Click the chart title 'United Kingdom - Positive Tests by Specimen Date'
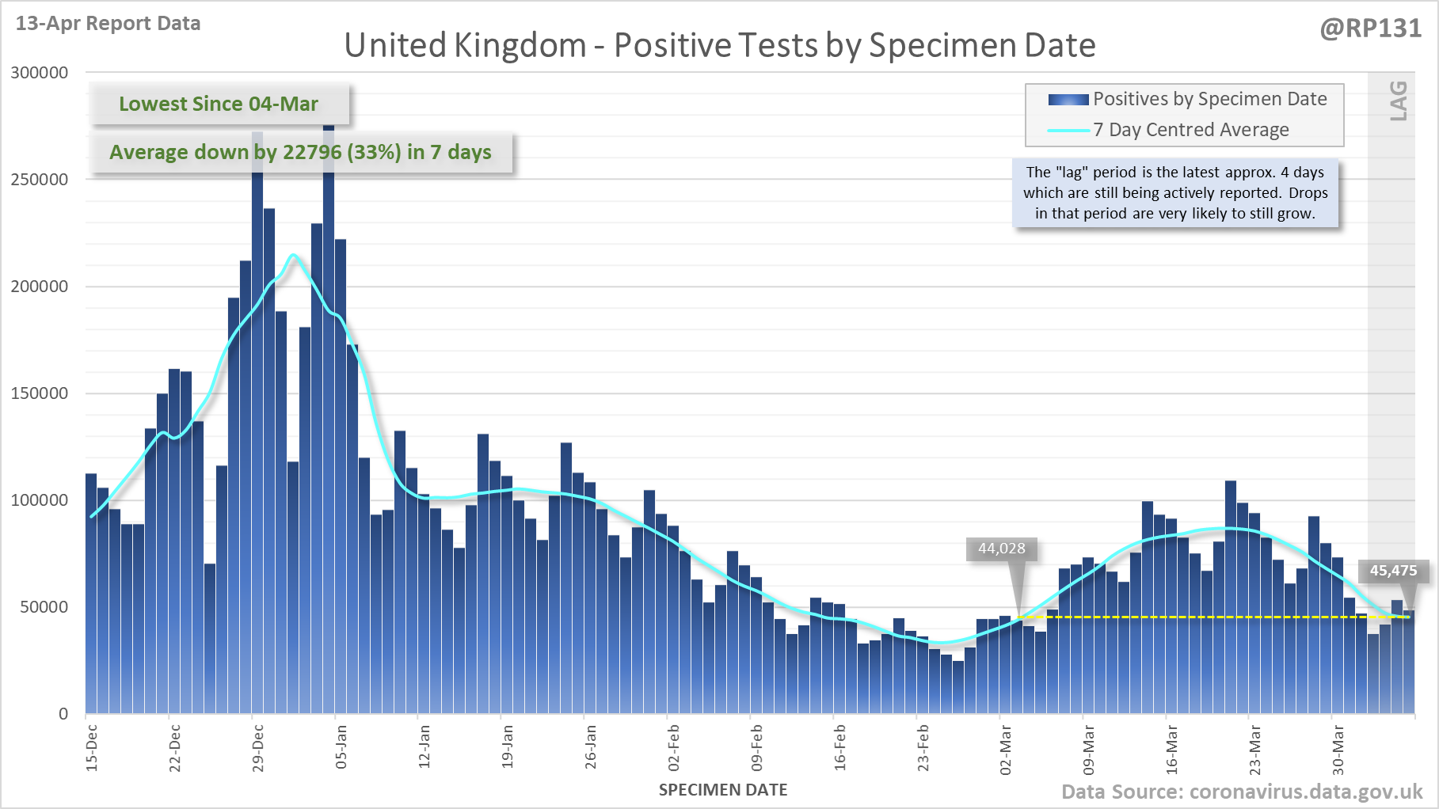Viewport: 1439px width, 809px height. click(x=719, y=45)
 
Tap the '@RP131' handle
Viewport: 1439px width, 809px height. click(x=1370, y=28)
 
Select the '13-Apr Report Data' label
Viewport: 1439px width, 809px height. click(x=108, y=23)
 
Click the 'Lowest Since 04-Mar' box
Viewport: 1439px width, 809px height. click(x=219, y=104)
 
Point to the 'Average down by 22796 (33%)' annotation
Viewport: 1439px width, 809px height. click(x=300, y=152)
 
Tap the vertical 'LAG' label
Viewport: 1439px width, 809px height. click(x=1399, y=101)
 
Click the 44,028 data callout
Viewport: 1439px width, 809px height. click(x=1001, y=549)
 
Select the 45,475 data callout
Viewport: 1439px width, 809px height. click(x=1393, y=571)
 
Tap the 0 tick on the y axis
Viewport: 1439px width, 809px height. click(x=63, y=714)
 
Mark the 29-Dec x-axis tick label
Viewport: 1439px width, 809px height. click(x=257, y=747)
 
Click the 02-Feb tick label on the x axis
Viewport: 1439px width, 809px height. click(x=673, y=747)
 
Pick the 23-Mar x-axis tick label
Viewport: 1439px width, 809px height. click(x=1254, y=749)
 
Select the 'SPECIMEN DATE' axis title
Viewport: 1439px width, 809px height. click(x=722, y=790)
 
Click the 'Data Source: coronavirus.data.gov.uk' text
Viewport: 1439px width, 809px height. click(x=1241, y=792)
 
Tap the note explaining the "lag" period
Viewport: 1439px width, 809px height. click(x=1174, y=192)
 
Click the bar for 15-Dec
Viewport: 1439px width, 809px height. click(x=91, y=594)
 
